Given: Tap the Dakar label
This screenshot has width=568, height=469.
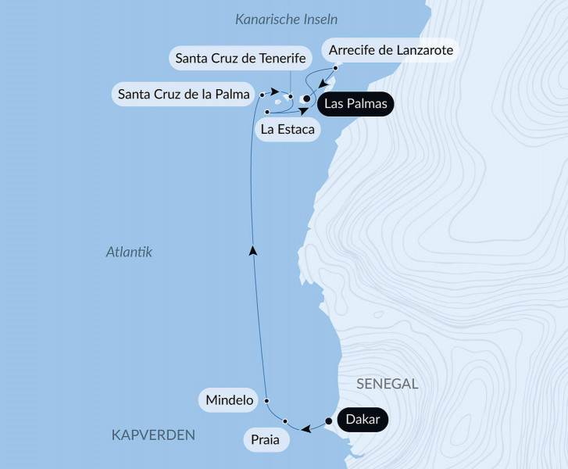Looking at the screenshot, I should point(363,421).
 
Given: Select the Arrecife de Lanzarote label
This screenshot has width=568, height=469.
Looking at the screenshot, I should point(391,49).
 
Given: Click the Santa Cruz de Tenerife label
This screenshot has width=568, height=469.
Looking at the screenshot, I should point(240,58).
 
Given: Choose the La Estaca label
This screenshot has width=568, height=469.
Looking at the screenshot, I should point(288,129).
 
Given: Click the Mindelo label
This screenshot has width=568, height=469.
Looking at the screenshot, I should point(230,401).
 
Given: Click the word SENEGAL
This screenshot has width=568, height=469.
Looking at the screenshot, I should point(388,384).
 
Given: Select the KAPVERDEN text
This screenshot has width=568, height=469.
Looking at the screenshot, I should point(153,435).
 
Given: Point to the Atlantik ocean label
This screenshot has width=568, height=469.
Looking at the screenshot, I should point(128,252).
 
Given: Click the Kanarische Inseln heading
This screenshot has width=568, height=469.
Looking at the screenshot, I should point(286,19).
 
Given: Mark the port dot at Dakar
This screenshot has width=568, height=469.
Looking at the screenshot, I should point(329,421).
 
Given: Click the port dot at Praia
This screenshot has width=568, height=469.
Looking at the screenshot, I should point(286,421).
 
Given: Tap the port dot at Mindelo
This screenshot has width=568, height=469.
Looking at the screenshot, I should point(266,401).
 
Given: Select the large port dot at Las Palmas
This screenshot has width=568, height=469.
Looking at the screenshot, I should point(306,99).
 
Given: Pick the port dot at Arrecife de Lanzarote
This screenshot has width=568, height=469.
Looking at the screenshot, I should point(335,68).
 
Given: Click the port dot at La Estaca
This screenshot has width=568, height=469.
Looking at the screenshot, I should point(267,113).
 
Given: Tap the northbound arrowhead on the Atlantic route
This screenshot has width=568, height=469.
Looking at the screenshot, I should point(252,250).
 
